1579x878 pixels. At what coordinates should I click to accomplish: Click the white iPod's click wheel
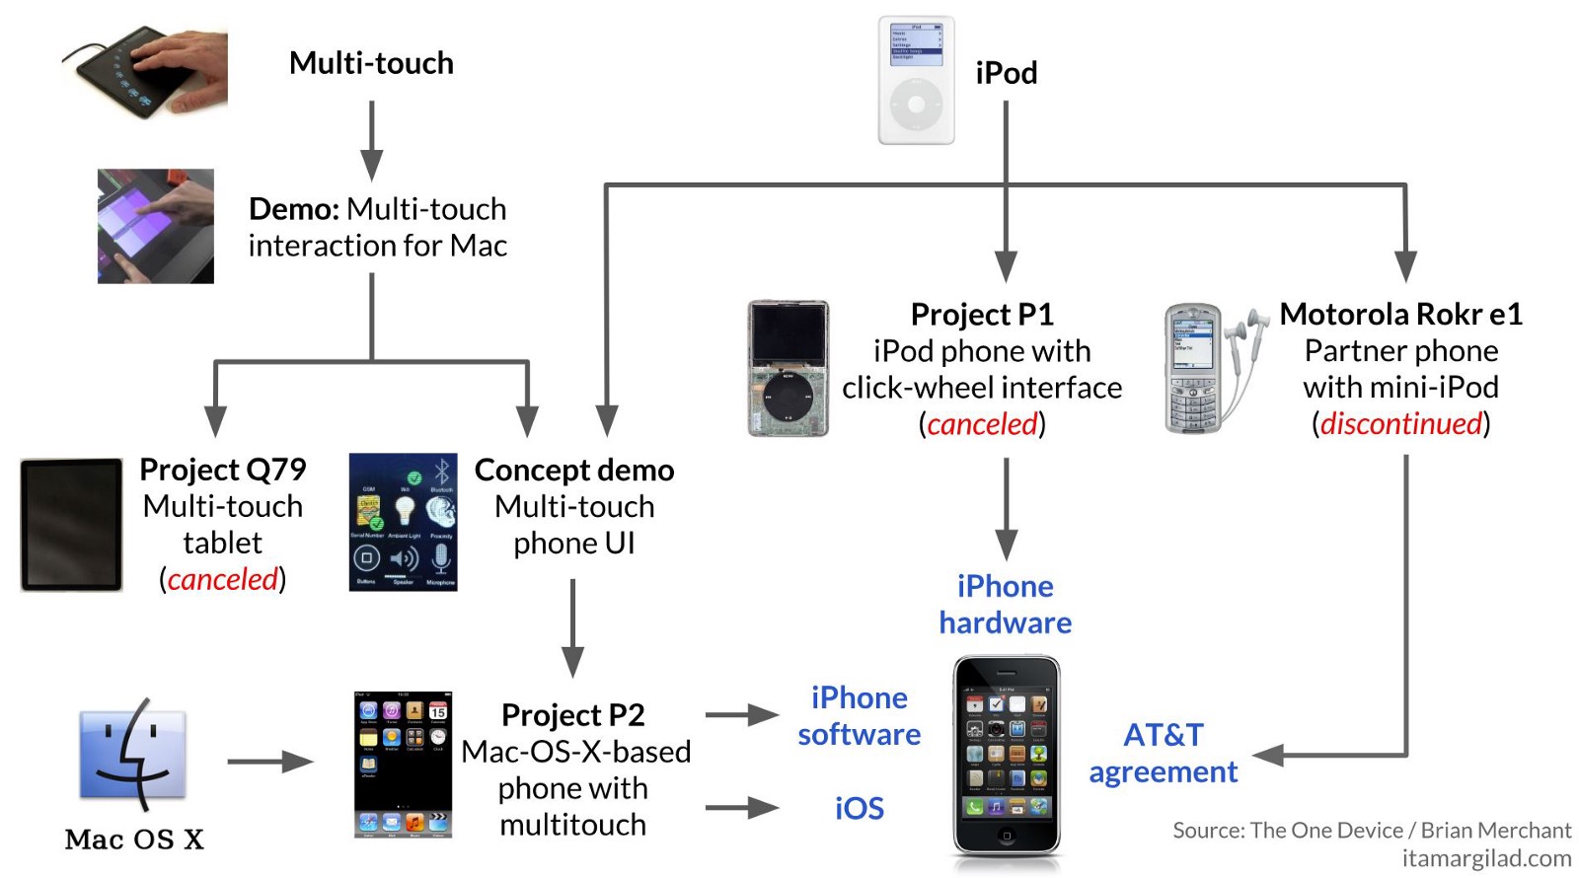click(x=917, y=103)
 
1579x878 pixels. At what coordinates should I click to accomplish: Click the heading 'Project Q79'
click(x=223, y=470)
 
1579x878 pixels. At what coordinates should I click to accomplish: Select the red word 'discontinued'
click(x=1401, y=423)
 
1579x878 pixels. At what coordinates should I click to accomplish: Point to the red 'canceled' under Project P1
click(x=982, y=424)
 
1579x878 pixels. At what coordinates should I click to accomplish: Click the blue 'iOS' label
click(x=859, y=808)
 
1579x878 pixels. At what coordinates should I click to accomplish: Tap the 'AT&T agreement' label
click(x=1163, y=753)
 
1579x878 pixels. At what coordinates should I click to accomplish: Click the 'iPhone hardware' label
click(x=1005, y=604)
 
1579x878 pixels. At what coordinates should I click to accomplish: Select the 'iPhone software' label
click(x=859, y=715)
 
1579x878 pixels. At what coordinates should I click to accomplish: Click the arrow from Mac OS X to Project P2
click(x=269, y=761)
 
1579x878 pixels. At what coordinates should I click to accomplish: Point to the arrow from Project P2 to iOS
click(x=742, y=808)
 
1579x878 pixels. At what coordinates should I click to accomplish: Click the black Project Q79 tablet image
click(x=71, y=524)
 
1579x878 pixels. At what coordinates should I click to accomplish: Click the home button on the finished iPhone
click(x=1006, y=836)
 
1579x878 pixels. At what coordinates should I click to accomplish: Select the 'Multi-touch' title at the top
click(x=371, y=63)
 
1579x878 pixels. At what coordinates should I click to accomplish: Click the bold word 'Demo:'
click(x=294, y=209)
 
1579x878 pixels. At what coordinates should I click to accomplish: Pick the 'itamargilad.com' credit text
click(x=1486, y=858)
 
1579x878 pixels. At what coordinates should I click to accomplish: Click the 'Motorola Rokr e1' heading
click(x=1400, y=314)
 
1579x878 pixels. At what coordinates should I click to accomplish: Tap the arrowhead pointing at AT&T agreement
click(x=1268, y=755)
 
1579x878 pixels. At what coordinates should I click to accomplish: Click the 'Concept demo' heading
click(x=574, y=470)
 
